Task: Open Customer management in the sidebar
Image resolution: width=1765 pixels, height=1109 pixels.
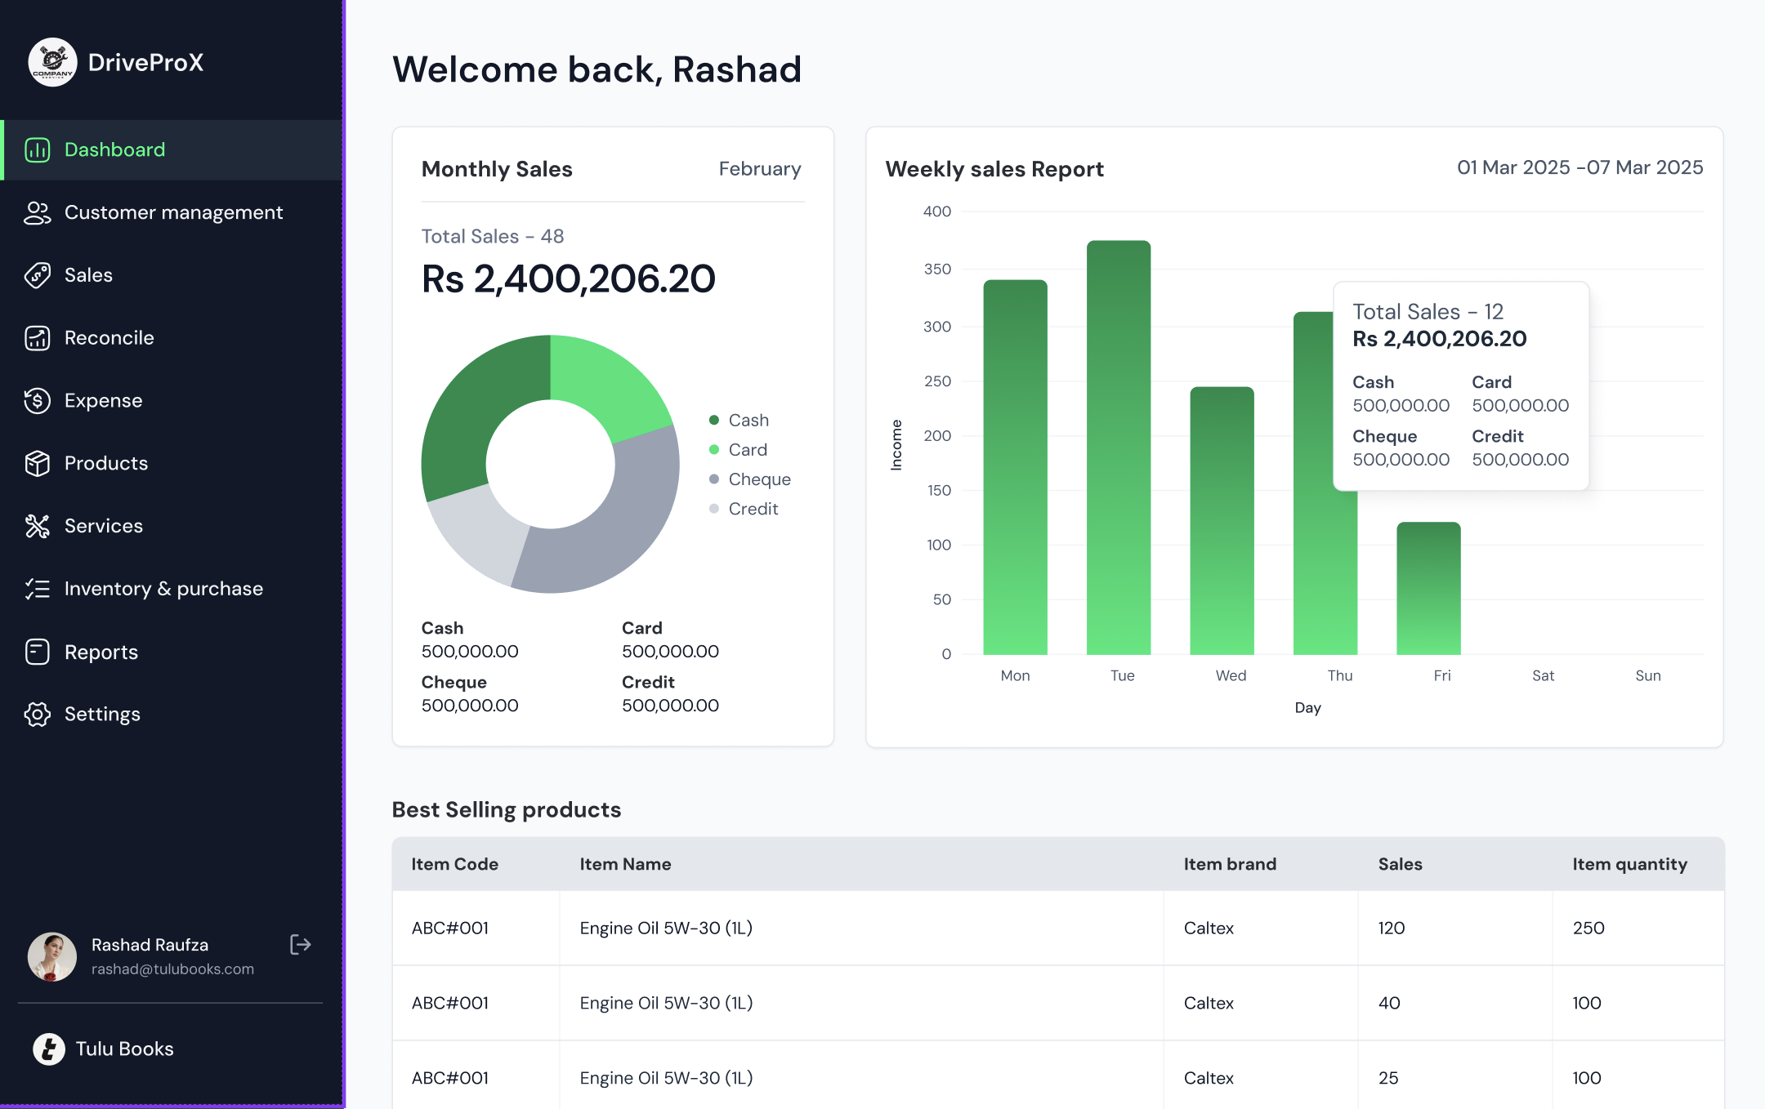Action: pyautogui.click(x=173, y=212)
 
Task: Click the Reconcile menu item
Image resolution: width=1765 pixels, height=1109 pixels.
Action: pyautogui.click(x=109, y=338)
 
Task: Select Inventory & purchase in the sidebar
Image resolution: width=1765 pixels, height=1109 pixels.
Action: pyautogui.click(x=163, y=589)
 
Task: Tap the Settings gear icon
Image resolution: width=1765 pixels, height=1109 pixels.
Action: pyautogui.click(x=38, y=715)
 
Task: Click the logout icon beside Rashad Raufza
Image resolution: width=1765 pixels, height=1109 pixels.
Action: pyautogui.click(x=301, y=945)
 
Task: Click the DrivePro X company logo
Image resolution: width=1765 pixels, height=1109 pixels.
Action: pyautogui.click(x=53, y=63)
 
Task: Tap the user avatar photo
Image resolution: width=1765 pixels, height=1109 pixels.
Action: pyautogui.click(x=52, y=956)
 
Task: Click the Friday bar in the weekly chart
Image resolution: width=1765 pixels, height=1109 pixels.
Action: pyautogui.click(x=1428, y=588)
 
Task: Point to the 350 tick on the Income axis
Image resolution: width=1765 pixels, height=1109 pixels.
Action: pyautogui.click(x=937, y=269)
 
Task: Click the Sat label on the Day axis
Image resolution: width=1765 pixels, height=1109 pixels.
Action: pyautogui.click(x=1543, y=675)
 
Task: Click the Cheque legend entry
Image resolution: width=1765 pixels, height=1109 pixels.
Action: pyautogui.click(x=759, y=479)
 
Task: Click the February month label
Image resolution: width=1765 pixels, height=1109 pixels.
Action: pyautogui.click(x=759, y=169)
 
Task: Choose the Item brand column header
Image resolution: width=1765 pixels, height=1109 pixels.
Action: pyautogui.click(x=1230, y=864)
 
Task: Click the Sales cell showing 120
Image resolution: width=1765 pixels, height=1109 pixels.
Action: pyautogui.click(x=1392, y=928)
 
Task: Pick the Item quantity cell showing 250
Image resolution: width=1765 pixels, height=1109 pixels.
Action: pyautogui.click(x=1588, y=928)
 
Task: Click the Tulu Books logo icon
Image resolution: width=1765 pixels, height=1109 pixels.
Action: pyautogui.click(x=49, y=1049)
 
